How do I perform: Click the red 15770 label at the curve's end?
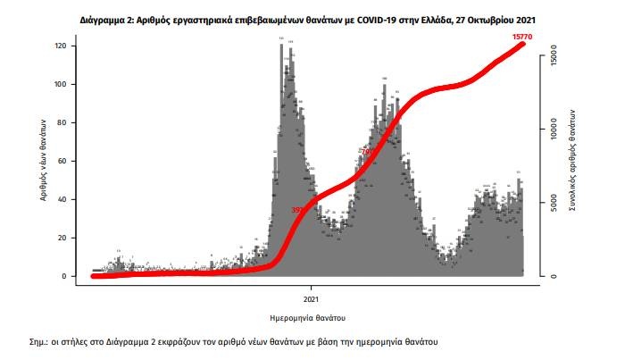click(x=524, y=37)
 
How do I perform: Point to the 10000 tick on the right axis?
click(x=554, y=129)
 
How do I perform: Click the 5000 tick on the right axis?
click(x=554, y=203)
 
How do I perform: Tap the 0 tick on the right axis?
click(x=554, y=276)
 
